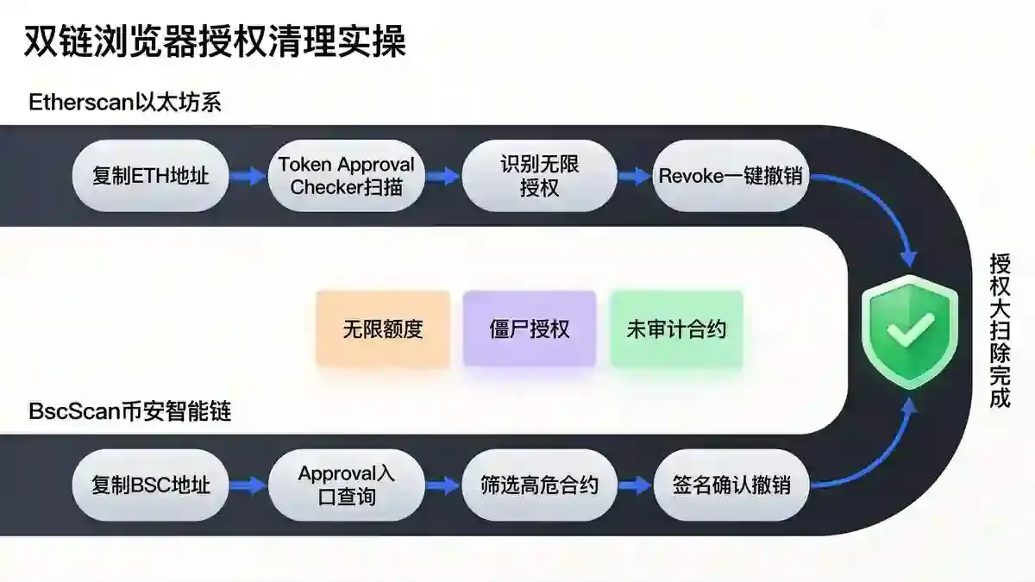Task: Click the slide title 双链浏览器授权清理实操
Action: pos(215,41)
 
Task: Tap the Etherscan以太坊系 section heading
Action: pos(125,102)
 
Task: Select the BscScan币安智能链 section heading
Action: pos(130,411)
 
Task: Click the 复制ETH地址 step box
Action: pos(151,176)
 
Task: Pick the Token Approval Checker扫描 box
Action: pos(347,176)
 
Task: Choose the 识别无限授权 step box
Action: pos(540,176)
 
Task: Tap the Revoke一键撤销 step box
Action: pos(731,176)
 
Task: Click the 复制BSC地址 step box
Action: pos(151,485)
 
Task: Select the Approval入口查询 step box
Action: pos(347,485)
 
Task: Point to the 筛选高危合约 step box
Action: pos(540,485)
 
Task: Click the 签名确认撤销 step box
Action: pos(731,485)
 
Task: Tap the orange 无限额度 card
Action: pos(383,329)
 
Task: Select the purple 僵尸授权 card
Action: pos(530,329)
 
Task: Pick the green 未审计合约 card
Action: pos(676,329)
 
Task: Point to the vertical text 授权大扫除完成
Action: pos(1000,331)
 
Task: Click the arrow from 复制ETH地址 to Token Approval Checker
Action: pos(248,176)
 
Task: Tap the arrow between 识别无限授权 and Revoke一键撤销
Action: pos(635,176)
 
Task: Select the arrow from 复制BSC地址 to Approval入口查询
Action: pos(248,485)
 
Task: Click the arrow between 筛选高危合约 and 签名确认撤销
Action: pos(635,485)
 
